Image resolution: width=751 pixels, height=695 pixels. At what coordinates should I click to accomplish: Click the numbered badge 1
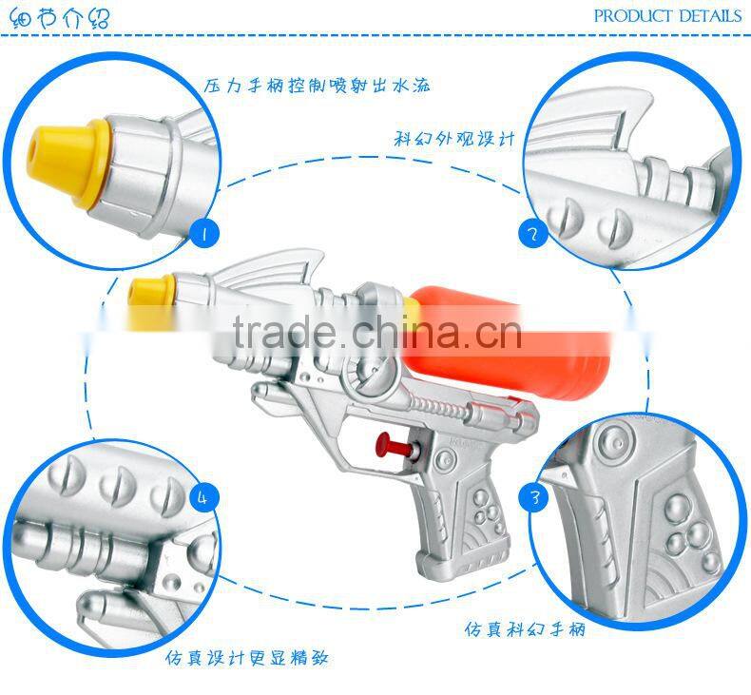(x=202, y=232)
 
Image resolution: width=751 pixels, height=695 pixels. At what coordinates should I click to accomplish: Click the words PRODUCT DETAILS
(x=666, y=15)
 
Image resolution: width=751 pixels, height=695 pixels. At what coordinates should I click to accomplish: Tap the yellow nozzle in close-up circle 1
(x=67, y=157)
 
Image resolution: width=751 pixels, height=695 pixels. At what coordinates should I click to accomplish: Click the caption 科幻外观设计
(x=454, y=138)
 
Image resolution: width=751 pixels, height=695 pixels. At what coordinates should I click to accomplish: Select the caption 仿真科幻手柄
(x=525, y=629)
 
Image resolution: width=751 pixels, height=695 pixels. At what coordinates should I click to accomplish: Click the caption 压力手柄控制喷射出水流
(x=318, y=86)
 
